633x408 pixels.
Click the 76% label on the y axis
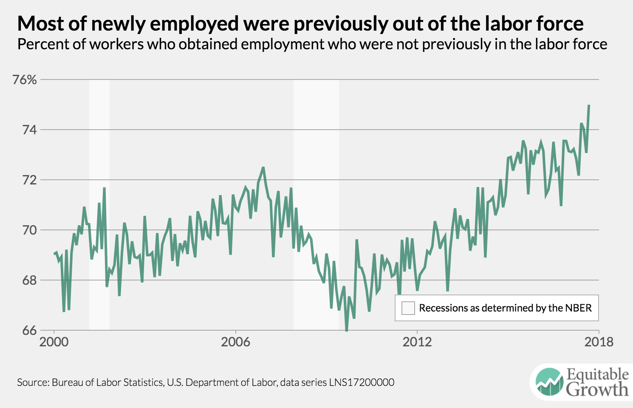[25, 79]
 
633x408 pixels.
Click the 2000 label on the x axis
[54, 342]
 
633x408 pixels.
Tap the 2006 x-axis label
[235, 342]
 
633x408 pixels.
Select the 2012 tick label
[417, 342]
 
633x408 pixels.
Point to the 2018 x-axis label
[599, 342]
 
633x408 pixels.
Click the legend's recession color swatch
[408, 308]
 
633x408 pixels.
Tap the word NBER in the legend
[579, 308]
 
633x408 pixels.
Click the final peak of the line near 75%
[589, 105]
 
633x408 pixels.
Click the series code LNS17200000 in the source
[362, 382]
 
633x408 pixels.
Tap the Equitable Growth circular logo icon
[548, 382]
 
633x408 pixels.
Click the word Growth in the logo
[597, 389]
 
